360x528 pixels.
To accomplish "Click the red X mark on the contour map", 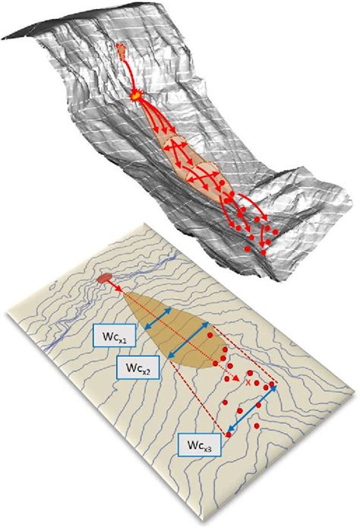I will pos(248,384).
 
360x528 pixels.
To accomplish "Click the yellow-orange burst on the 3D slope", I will pos(136,96).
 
